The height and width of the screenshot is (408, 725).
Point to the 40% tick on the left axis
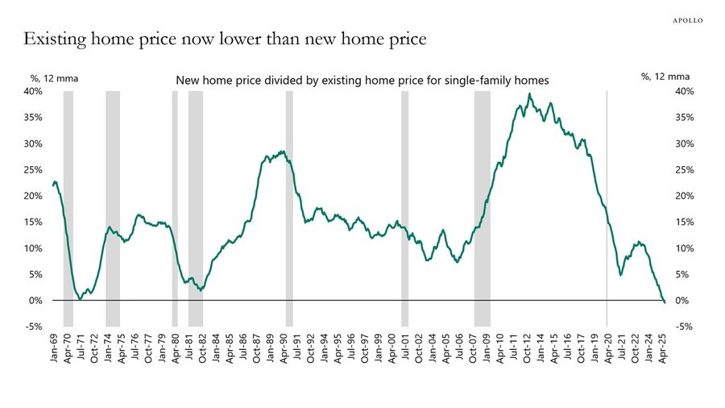pyautogui.click(x=32, y=91)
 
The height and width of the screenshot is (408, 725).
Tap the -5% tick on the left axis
pyautogui.click(x=32, y=327)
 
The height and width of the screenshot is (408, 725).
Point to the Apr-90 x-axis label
pyautogui.click(x=284, y=348)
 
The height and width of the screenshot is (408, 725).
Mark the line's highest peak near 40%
pyautogui.click(x=529, y=94)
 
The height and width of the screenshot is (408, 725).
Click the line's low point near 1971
pyautogui.click(x=81, y=298)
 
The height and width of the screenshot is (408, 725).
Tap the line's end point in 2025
pyautogui.click(x=665, y=302)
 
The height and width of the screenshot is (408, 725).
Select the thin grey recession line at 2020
pyautogui.click(x=607, y=202)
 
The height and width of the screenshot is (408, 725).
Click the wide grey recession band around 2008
pyautogui.click(x=482, y=202)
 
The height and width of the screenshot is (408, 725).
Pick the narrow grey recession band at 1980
pyautogui.click(x=175, y=202)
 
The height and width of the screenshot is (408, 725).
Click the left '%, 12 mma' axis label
pyautogui.click(x=54, y=78)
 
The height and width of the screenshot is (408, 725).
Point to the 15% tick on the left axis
pyautogui.click(x=32, y=222)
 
